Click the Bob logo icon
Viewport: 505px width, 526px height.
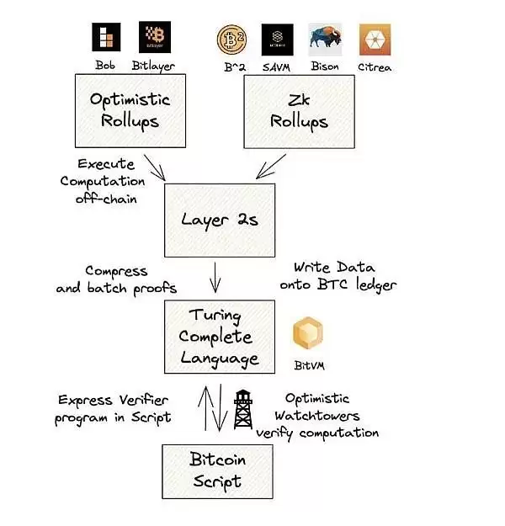[106, 38]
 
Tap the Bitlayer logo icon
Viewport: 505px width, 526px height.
[154, 38]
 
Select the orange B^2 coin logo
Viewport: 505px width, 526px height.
[231, 40]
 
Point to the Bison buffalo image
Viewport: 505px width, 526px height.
[326, 40]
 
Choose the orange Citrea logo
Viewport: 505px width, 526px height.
[373, 40]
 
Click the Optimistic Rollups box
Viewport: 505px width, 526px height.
[130, 110]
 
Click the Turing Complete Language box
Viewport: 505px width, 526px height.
[221, 337]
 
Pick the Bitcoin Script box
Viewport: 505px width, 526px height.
[217, 471]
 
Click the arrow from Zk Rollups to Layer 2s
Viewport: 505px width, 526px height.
[271, 167]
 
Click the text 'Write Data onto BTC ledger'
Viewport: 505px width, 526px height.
[338, 275]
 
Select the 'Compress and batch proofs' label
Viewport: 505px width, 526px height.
[117, 279]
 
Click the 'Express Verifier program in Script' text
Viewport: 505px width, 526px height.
[114, 408]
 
